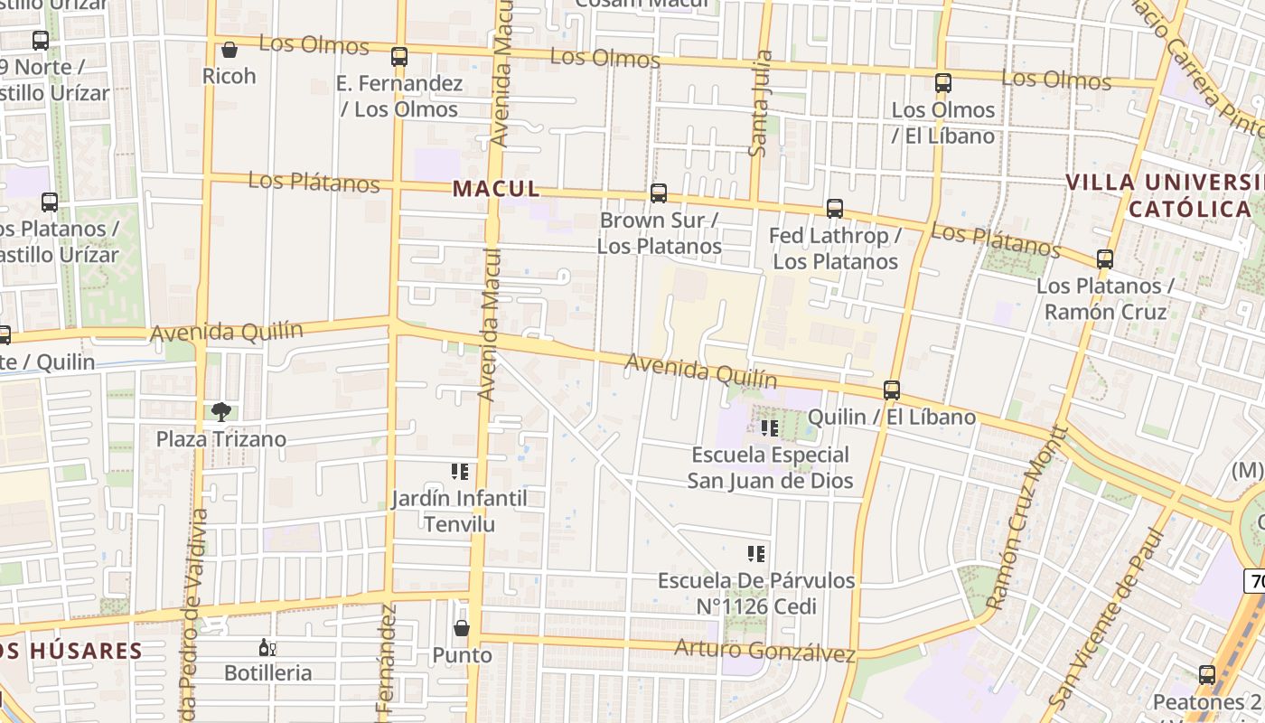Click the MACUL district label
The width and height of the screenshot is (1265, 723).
496,189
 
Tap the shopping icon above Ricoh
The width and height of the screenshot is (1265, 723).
230,50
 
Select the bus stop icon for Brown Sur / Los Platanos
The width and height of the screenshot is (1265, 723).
659,192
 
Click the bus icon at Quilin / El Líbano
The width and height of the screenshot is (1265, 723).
892,390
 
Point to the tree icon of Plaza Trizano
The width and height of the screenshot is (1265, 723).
220,412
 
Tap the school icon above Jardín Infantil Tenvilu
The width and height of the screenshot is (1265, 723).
460,472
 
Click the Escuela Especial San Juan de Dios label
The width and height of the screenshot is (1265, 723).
770,467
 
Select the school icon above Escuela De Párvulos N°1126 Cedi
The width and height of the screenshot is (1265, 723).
756,554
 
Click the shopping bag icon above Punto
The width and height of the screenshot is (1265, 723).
462,627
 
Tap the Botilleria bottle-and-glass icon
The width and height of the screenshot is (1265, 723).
267,647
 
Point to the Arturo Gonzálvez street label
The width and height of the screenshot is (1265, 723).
764,650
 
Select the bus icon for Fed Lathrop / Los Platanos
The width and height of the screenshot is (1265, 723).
835,209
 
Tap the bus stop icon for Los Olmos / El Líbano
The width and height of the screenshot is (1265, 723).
943,83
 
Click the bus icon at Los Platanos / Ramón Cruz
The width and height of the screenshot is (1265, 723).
1104,259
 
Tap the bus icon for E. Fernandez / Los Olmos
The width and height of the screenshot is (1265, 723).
399,57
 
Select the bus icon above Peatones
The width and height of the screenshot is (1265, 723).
1207,675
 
